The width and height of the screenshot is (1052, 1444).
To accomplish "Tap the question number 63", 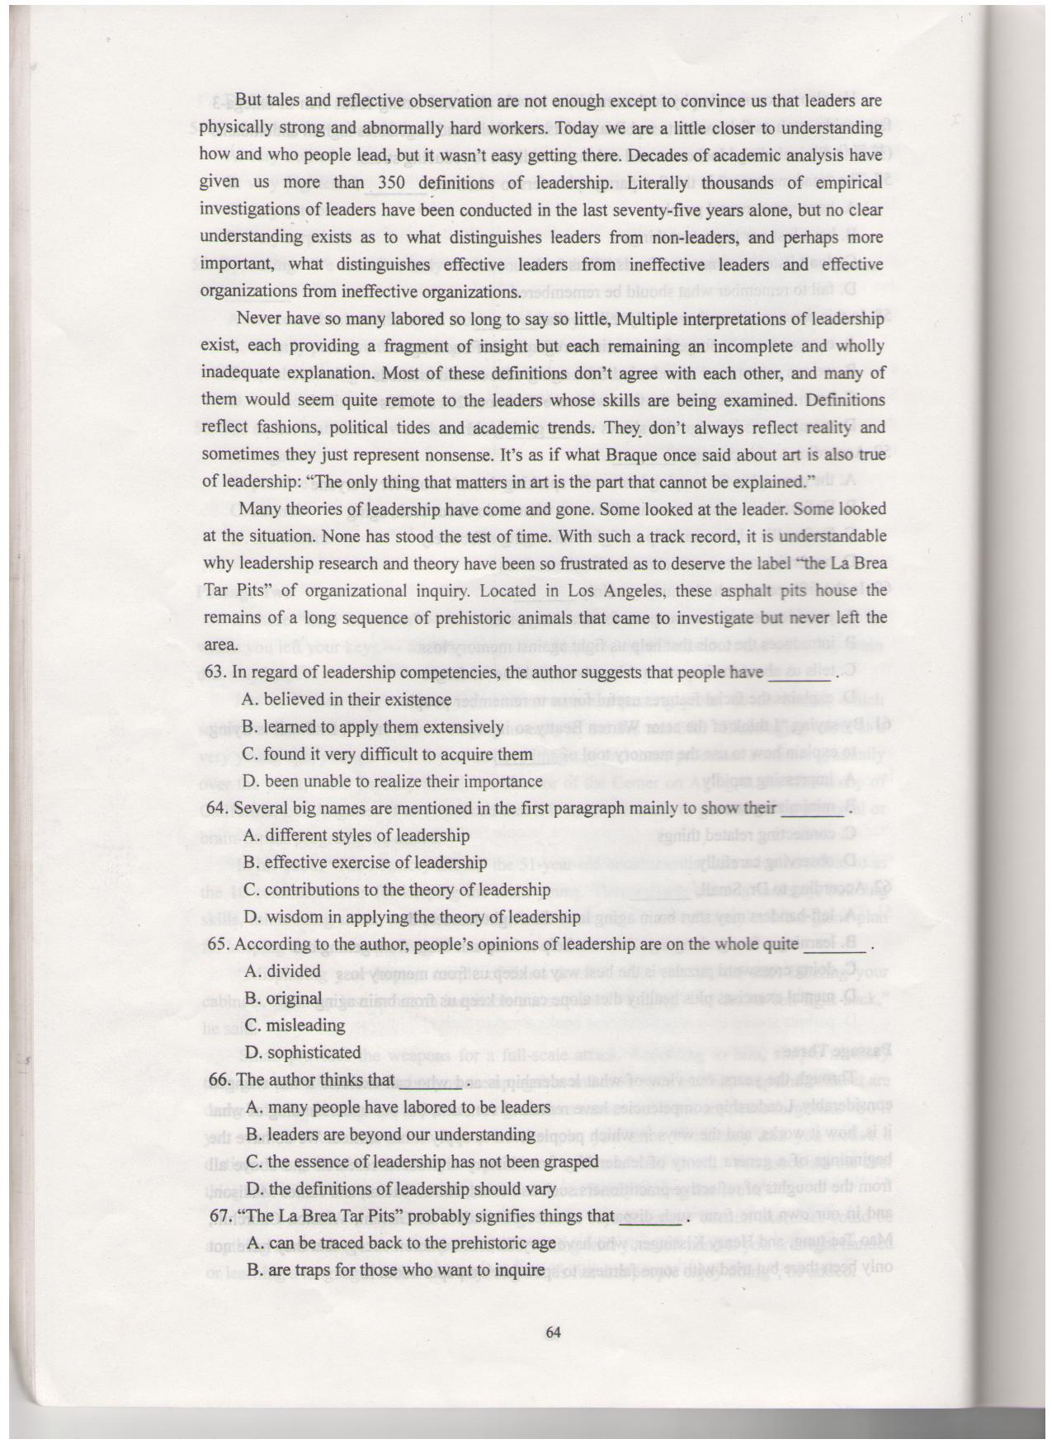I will [x=215, y=672].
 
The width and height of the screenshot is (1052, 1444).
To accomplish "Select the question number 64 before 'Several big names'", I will [x=217, y=809].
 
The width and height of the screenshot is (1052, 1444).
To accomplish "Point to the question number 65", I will [x=218, y=944].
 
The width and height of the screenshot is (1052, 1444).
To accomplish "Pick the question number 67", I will [x=221, y=1215].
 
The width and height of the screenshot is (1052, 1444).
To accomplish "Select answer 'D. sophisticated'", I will [x=303, y=1052].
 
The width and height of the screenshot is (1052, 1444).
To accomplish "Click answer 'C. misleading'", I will [x=295, y=1026].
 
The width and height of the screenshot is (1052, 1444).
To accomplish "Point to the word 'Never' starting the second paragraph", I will [x=256, y=319].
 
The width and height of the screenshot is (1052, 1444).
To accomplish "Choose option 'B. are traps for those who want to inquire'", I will [x=395, y=1270].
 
